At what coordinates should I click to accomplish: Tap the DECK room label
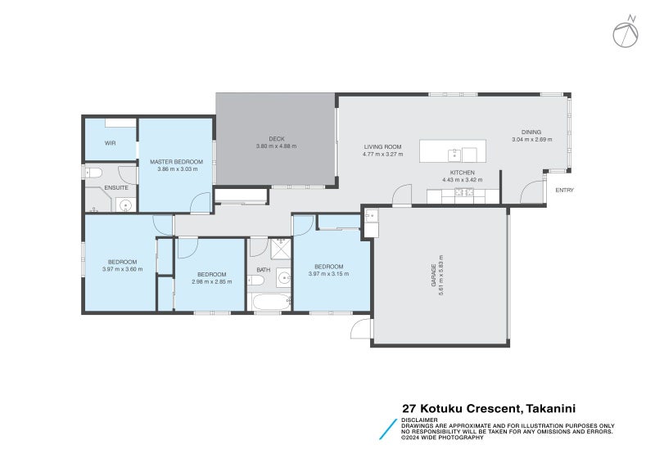[276, 138]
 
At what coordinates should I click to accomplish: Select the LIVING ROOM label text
[383, 147]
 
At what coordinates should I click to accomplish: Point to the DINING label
[531, 132]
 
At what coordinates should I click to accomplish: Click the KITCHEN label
[463, 173]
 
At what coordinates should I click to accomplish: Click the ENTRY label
[564, 191]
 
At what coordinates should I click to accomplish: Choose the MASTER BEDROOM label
[175, 162]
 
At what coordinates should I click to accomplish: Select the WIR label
[110, 143]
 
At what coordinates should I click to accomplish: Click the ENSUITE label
[115, 188]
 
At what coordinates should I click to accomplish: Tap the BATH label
[263, 269]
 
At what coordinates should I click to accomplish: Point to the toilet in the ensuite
[93, 173]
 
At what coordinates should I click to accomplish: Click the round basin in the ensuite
[125, 204]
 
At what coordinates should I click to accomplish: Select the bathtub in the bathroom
[269, 303]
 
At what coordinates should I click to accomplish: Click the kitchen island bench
[453, 151]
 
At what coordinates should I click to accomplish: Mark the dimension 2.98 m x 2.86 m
[211, 281]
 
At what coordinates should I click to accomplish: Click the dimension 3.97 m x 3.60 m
[122, 269]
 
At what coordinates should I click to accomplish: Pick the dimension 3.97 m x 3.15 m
[328, 274]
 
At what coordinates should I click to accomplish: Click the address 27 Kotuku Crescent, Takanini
[495, 408]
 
